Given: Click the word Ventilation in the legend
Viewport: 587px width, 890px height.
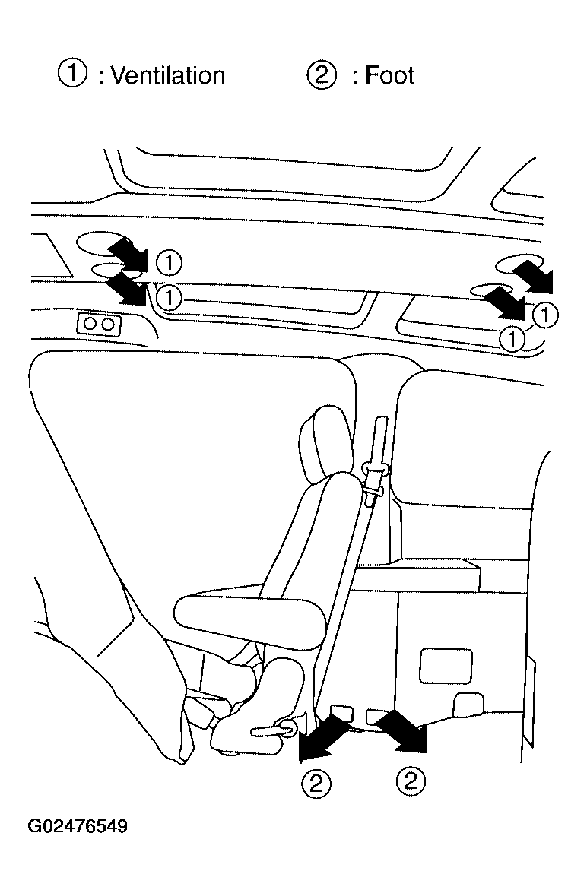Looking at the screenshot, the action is [167, 75].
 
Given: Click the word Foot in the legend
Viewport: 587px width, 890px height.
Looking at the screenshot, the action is [389, 75].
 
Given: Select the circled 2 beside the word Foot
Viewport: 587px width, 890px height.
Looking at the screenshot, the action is [322, 74].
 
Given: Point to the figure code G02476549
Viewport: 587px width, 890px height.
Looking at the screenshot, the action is [78, 825].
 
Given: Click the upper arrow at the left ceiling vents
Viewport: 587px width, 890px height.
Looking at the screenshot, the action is [129, 253].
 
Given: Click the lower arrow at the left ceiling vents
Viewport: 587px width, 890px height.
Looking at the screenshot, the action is [128, 287].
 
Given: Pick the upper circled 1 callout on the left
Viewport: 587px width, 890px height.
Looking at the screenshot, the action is [169, 262].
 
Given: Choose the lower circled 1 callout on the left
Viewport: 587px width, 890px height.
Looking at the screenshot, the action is [169, 296].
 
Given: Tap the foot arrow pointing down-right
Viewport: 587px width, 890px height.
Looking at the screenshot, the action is [402, 732].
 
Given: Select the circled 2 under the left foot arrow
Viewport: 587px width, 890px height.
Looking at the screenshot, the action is [316, 784].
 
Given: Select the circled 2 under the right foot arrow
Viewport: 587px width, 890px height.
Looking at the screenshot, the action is [411, 781].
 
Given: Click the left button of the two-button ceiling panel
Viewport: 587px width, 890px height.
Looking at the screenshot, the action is [90, 324].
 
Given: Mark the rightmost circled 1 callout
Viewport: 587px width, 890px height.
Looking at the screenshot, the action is [545, 314].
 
